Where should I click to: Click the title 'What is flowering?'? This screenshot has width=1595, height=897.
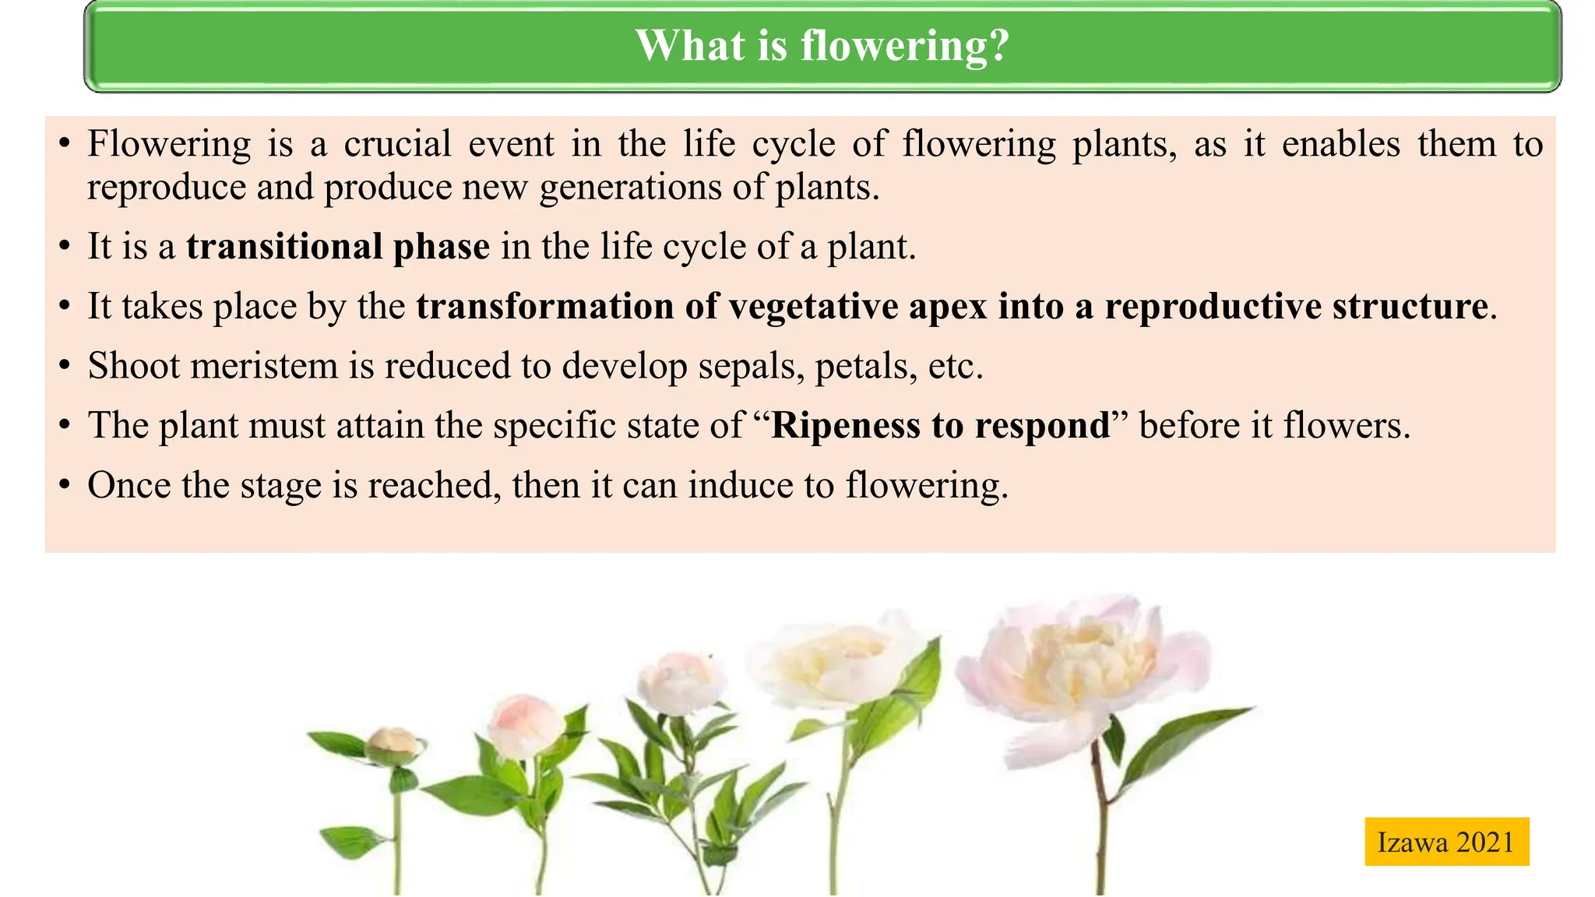tap(822, 45)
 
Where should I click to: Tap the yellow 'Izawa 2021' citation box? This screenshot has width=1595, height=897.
tap(1446, 842)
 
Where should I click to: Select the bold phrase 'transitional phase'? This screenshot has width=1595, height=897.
tap(338, 247)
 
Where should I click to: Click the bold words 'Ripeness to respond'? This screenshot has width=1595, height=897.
tap(940, 426)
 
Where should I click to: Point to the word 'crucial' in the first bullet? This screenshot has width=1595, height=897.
tap(397, 145)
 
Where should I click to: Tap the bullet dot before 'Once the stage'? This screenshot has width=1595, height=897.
tap(65, 486)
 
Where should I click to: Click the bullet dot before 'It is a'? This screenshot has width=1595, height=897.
tap(65, 248)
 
